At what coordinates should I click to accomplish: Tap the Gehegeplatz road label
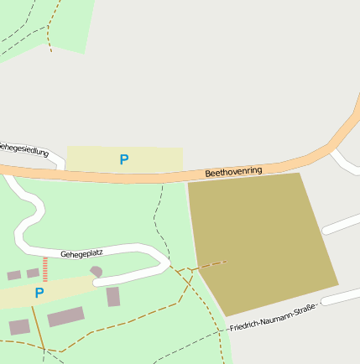point(81,252)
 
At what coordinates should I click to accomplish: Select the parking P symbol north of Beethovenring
point(124,159)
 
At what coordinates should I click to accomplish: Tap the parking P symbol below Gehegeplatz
point(39,293)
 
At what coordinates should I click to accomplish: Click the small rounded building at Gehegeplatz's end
point(97,272)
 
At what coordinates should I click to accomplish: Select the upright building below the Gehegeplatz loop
point(112,296)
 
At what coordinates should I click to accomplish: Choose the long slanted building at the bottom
point(65,316)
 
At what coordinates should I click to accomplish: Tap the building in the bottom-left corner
point(18,326)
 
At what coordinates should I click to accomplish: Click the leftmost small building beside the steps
point(14,275)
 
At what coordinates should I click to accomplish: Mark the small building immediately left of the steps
point(33,273)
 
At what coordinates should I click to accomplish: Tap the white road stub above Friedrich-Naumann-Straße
point(341,221)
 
